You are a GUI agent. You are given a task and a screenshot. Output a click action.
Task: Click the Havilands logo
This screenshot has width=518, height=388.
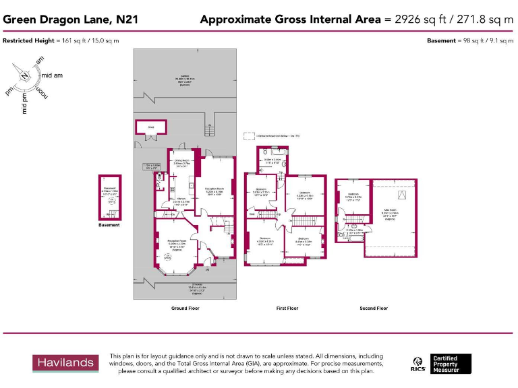[x=65, y=362]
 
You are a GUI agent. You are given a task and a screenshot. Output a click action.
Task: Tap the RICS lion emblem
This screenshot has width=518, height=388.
[x=418, y=364]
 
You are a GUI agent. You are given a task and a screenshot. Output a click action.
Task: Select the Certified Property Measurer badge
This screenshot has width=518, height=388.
[x=451, y=364]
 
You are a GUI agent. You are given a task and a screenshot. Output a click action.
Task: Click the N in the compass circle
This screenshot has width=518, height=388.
[x=24, y=75]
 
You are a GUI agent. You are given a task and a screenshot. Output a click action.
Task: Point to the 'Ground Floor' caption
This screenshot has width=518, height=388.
[x=185, y=308]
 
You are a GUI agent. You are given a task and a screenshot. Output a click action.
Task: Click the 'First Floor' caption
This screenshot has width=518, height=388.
[x=287, y=308]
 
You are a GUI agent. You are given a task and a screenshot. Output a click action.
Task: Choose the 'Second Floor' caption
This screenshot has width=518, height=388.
[x=373, y=308]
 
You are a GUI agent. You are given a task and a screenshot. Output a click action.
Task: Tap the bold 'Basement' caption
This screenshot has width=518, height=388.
[x=109, y=225]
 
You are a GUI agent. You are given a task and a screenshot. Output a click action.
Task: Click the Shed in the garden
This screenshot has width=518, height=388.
[x=150, y=127]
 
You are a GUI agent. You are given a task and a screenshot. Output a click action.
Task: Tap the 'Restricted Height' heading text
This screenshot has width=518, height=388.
[x=28, y=41]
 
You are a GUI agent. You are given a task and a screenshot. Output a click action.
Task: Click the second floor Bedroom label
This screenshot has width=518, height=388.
[x=354, y=197]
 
